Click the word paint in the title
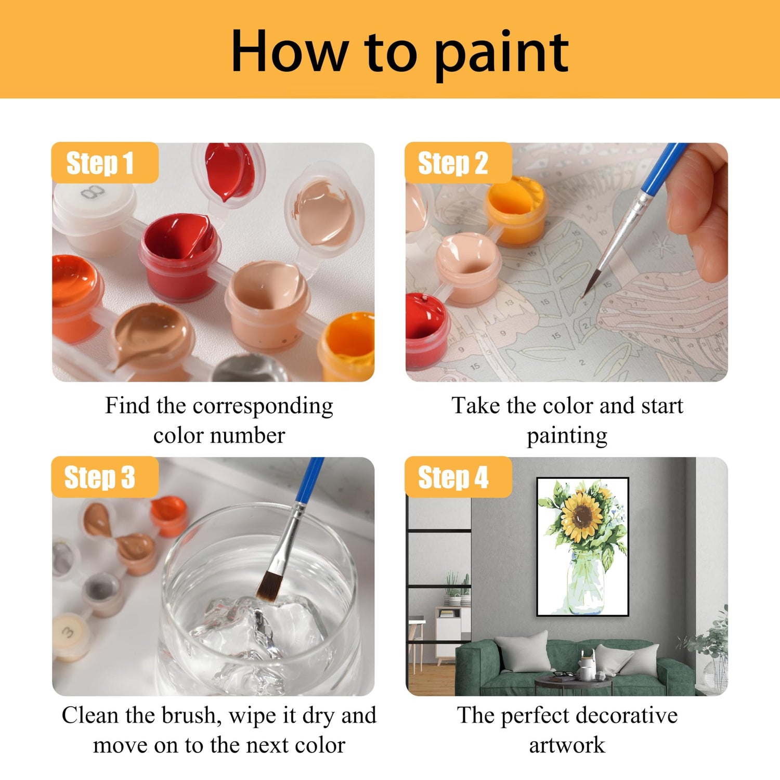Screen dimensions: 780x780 (502, 54)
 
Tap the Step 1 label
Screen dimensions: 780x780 (105, 163)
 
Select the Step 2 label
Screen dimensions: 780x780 (458, 163)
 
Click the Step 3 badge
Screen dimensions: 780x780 (105, 477)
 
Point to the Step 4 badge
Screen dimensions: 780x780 (458, 477)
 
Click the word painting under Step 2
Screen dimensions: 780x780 (567, 436)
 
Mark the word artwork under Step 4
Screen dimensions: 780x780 (567, 746)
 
